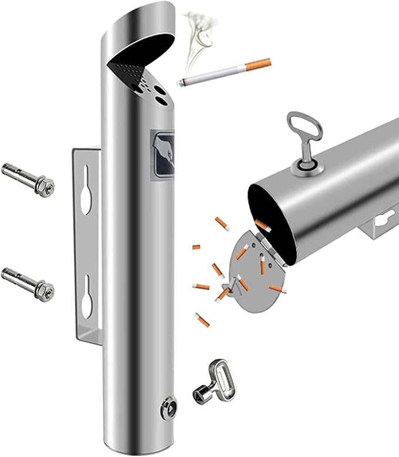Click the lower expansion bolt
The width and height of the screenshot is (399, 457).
(x=26, y=281)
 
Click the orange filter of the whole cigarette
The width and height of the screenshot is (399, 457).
(x=259, y=64)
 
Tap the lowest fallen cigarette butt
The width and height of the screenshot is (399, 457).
(x=202, y=320)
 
